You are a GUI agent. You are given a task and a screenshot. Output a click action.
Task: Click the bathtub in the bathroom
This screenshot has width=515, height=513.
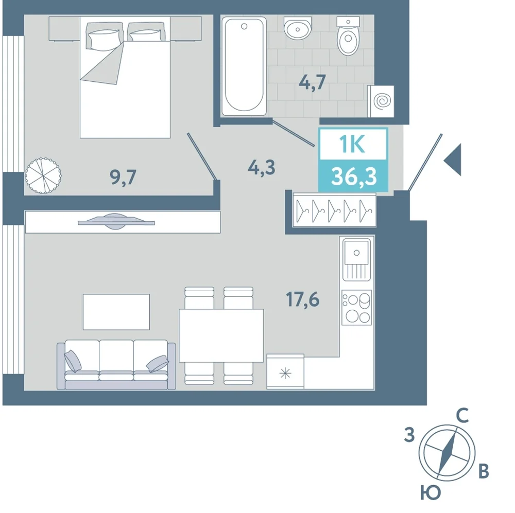pyautogui.click(x=244, y=66)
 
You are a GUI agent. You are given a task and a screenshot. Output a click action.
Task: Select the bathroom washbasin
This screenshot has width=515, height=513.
pyautogui.click(x=298, y=28)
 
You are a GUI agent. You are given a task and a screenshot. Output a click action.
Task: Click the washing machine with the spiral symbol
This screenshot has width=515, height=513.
pyautogui.click(x=381, y=101)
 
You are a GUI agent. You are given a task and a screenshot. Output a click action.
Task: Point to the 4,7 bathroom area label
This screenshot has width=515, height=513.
pyautogui.click(x=313, y=82)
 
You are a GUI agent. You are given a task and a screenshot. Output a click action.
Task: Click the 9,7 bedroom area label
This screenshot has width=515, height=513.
pyautogui.click(x=123, y=178)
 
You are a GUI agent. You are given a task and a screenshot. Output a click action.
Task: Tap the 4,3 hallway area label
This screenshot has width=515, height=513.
pyautogui.click(x=262, y=168)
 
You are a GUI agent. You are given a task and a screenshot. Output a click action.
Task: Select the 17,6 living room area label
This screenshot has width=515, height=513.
pyautogui.click(x=302, y=299)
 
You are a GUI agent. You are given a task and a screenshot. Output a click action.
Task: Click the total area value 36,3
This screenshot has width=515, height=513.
pyautogui.click(x=354, y=176)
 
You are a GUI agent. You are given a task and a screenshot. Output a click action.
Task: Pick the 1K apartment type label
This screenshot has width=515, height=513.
pyautogui.click(x=352, y=144)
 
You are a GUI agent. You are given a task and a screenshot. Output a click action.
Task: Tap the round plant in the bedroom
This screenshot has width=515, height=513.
pyautogui.click(x=43, y=175)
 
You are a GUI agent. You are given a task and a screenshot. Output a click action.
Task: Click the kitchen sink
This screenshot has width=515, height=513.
pyautogui.click(x=357, y=260)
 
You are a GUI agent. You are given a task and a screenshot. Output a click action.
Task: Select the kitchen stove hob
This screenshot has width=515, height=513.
pyautogui.click(x=357, y=308)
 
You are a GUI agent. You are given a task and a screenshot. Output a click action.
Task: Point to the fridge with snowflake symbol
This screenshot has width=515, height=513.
pyautogui.click(x=285, y=372)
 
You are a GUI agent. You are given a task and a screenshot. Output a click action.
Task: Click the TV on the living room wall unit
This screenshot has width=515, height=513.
pyautogui.click(x=116, y=222)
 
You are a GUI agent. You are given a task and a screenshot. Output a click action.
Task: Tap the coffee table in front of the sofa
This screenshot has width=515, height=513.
pyautogui.click(x=116, y=312)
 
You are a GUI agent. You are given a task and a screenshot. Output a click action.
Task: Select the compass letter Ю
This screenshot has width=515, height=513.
pyautogui.click(x=431, y=492)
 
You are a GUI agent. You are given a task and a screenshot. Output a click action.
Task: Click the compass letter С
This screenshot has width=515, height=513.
pyautogui.click(x=462, y=416)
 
